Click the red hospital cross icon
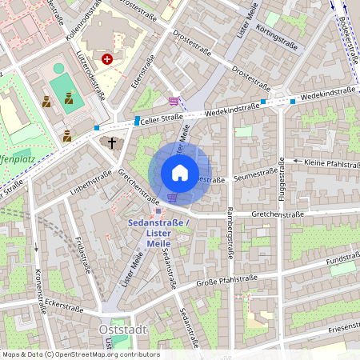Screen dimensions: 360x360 [x=107, y=60]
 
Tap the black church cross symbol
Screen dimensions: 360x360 [x=113, y=142]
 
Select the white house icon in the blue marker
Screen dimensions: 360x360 [x=180, y=173]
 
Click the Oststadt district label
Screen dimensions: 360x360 [x=121, y=329]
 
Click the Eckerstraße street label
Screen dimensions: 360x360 [x=66, y=304]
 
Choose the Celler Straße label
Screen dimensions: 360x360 [x=157, y=120]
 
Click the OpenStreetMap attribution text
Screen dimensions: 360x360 [x=80, y=354]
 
